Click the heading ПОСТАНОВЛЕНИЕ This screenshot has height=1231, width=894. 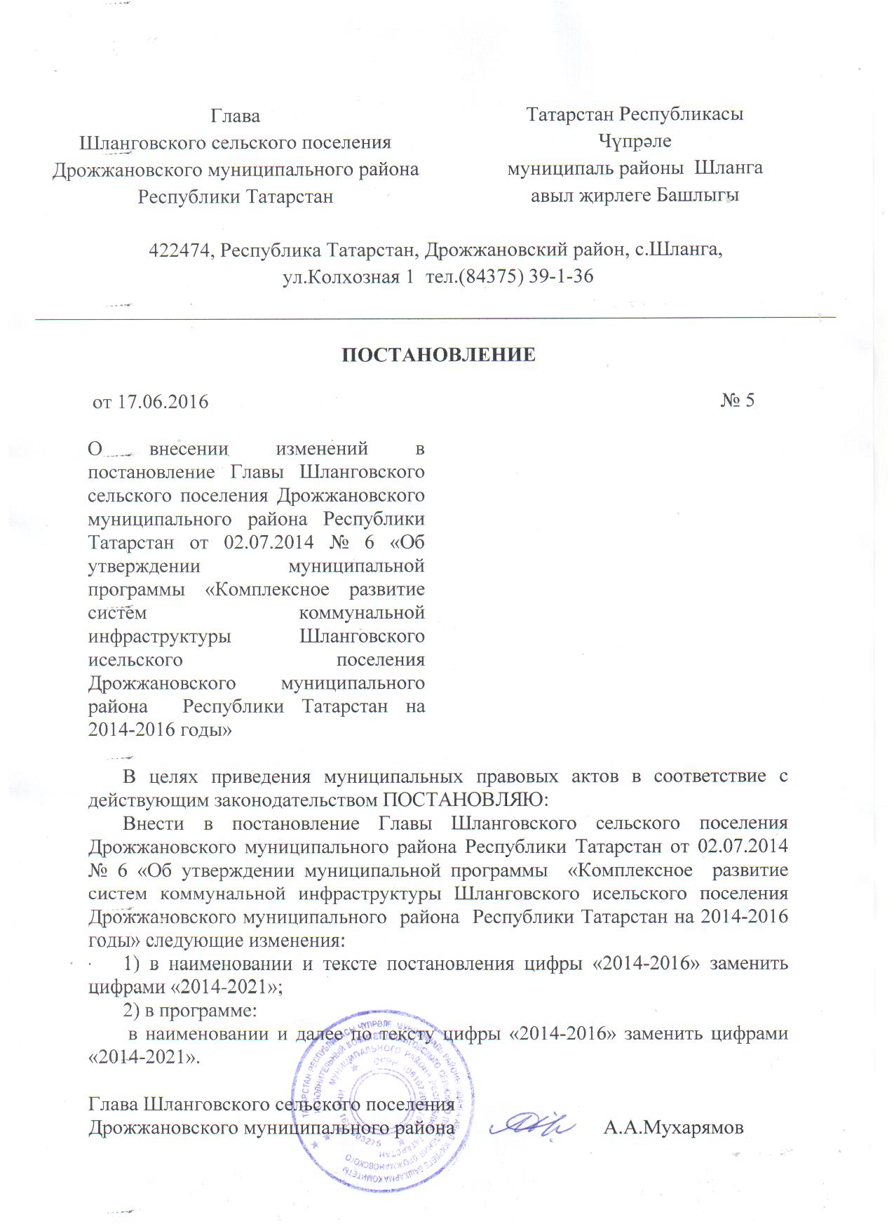click(438, 355)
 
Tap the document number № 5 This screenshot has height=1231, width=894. click(737, 401)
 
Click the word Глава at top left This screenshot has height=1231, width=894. click(236, 116)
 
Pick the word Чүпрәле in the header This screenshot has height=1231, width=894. click(635, 142)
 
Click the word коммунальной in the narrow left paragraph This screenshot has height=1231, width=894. click(362, 613)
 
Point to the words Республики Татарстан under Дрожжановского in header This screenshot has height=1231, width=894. click(236, 196)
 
